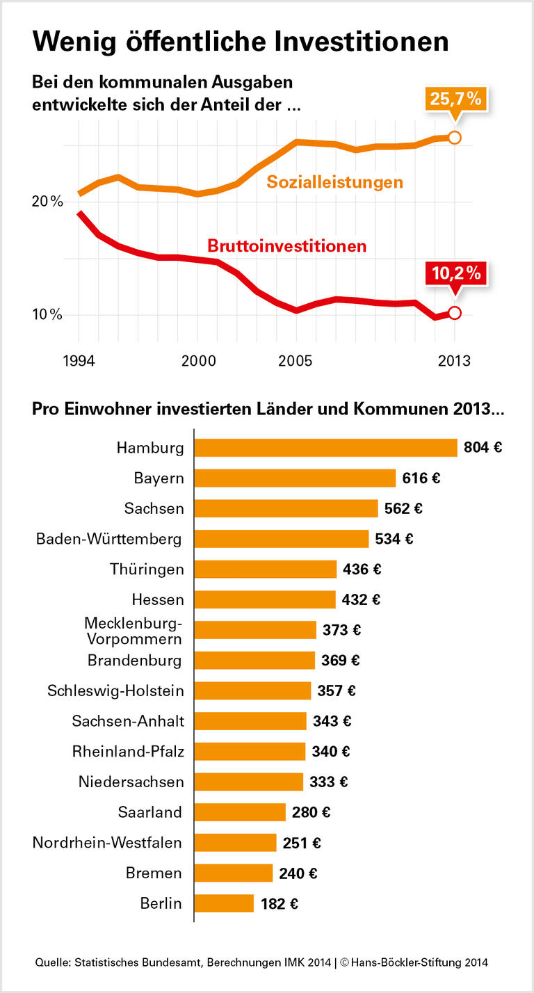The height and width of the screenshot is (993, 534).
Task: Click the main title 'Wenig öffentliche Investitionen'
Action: point(240,41)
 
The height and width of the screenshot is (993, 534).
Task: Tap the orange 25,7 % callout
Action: point(455,99)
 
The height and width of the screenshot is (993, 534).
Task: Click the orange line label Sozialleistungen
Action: point(335,183)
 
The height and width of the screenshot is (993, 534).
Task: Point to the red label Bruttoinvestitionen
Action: point(286,245)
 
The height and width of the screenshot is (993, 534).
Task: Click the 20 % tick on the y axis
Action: point(47,202)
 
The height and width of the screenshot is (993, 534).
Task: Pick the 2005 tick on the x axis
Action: point(296,362)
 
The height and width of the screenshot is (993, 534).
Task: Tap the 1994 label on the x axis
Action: point(79,362)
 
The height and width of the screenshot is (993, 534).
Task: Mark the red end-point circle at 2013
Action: point(455,313)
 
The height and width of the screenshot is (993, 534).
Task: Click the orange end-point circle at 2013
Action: point(455,138)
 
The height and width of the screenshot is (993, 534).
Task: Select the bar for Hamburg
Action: point(325,448)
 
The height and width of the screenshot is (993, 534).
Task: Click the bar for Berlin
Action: point(224,903)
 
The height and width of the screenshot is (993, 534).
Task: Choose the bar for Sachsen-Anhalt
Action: point(250,721)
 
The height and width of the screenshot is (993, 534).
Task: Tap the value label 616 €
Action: point(421,478)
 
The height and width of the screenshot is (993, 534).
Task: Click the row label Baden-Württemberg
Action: point(109,539)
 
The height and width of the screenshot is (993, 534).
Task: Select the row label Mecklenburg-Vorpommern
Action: point(133,630)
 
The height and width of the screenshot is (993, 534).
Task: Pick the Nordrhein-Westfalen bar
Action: point(235,843)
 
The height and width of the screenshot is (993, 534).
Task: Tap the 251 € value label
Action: point(302,843)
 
